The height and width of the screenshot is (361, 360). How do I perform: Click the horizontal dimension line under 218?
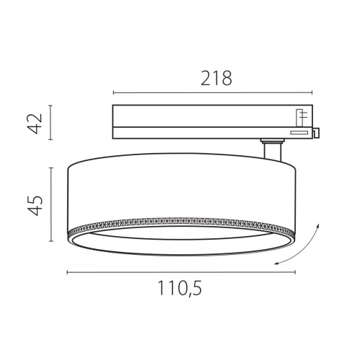(x=214, y=92)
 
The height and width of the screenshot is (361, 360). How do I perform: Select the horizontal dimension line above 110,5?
(x=180, y=272)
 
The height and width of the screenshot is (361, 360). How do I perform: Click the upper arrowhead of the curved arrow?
(x=316, y=226)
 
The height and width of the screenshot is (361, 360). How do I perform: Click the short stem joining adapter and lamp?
(x=271, y=152)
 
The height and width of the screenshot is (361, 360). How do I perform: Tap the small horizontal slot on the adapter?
(x=297, y=131)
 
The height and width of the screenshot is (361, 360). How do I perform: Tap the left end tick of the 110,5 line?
(x=67, y=272)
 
